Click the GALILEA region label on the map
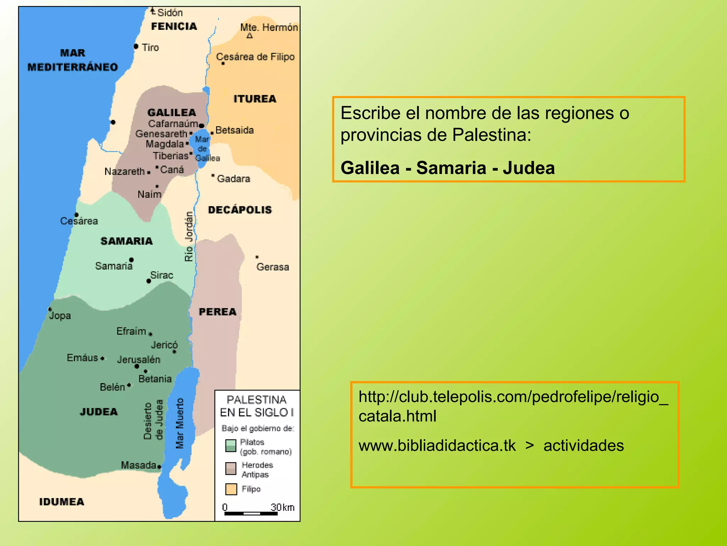click(x=172, y=113)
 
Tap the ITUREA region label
click(x=255, y=99)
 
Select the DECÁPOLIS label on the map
click(x=240, y=210)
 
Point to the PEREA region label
click(x=218, y=312)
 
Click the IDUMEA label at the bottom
click(x=62, y=502)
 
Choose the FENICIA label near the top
click(x=174, y=26)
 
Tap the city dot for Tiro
click(x=136, y=47)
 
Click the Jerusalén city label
click(x=139, y=360)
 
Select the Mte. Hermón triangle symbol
click(x=250, y=36)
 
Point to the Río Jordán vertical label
click(x=189, y=236)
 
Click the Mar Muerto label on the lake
click(x=180, y=423)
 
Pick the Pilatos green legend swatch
click(x=231, y=445)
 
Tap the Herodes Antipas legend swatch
click(x=231, y=469)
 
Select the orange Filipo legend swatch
click(x=231, y=489)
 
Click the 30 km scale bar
click(x=251, y=513)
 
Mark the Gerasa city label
click(x=273, y=267)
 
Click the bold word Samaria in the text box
click(x=451, y=168)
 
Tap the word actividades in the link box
click(x=584, y=445)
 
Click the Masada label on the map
click(x=138, y=465)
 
